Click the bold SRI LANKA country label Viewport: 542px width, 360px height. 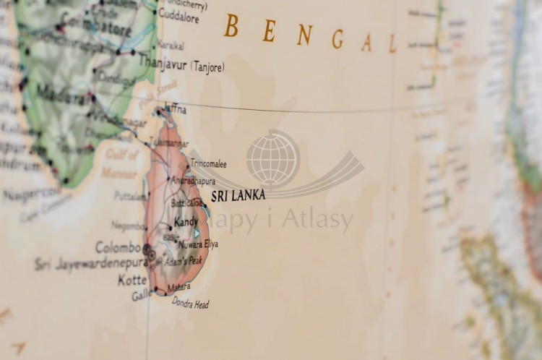coord(238,195)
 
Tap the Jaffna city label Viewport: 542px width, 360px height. coord(175,109)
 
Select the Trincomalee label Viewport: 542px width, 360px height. coord(208,164)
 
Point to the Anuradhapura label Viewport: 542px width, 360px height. coord(192,180)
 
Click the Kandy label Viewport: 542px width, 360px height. coord(186,222)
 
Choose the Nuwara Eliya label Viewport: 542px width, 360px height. coord(197,244)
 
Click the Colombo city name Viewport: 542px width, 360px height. coord(118,247)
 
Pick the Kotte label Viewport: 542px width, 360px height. coord(132,280)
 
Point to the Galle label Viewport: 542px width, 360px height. coord(141,294)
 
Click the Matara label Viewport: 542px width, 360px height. coord(178,287)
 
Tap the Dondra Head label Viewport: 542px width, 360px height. coord(190,304)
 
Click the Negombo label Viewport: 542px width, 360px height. coord(129,226)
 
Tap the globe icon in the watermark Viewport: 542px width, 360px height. coord(272,158)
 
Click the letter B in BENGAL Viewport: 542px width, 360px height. coord(231,26)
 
